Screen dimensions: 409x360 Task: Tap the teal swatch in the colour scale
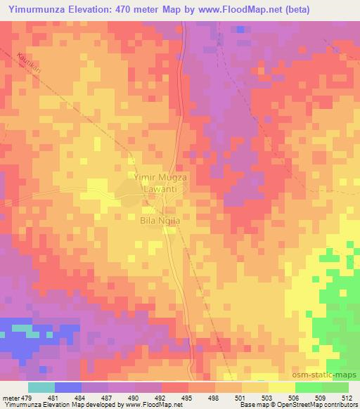[41, 387]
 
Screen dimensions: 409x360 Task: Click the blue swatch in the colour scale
[67, 387]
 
